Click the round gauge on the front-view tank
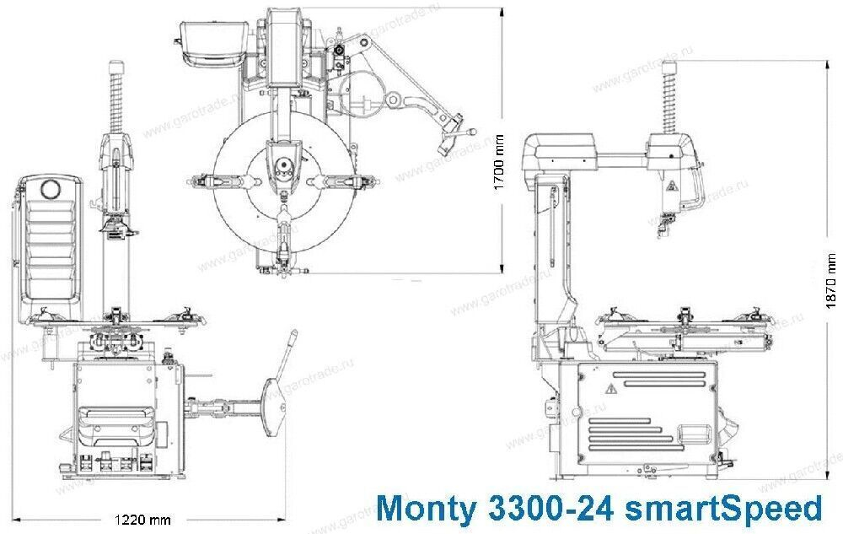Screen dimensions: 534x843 [x=53, y=188]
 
